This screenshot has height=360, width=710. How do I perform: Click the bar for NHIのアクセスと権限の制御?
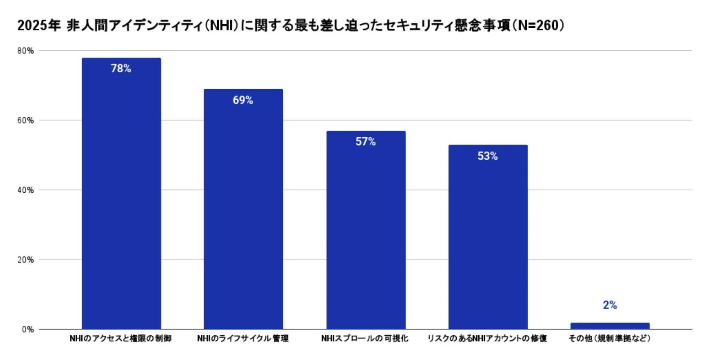pos(121,194)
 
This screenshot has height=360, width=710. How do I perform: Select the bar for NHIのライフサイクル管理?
pos(243,210)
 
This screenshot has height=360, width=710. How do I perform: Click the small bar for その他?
pos(610,326)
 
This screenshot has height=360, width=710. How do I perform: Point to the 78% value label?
pos(121,68)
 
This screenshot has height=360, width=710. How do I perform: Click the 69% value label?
pos(243,100)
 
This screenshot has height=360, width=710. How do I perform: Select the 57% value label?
pos(366,142)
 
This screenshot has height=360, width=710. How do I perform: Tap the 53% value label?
pos(488,156)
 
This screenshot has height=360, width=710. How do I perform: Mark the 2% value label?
pos(610,305)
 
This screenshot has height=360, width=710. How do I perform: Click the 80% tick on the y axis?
pos(26,51)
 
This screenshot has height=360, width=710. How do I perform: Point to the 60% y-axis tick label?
pos(26,120)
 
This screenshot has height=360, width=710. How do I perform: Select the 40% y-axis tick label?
pos(26,190)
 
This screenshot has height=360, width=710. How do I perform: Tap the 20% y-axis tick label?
pos(26,260)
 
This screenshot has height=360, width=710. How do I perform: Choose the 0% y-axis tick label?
pos(28,330)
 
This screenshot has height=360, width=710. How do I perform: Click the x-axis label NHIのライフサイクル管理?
pos(243,338)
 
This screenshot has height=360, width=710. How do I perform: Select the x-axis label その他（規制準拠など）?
pos(609,338)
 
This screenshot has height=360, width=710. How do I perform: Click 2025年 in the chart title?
pos(39,26)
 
